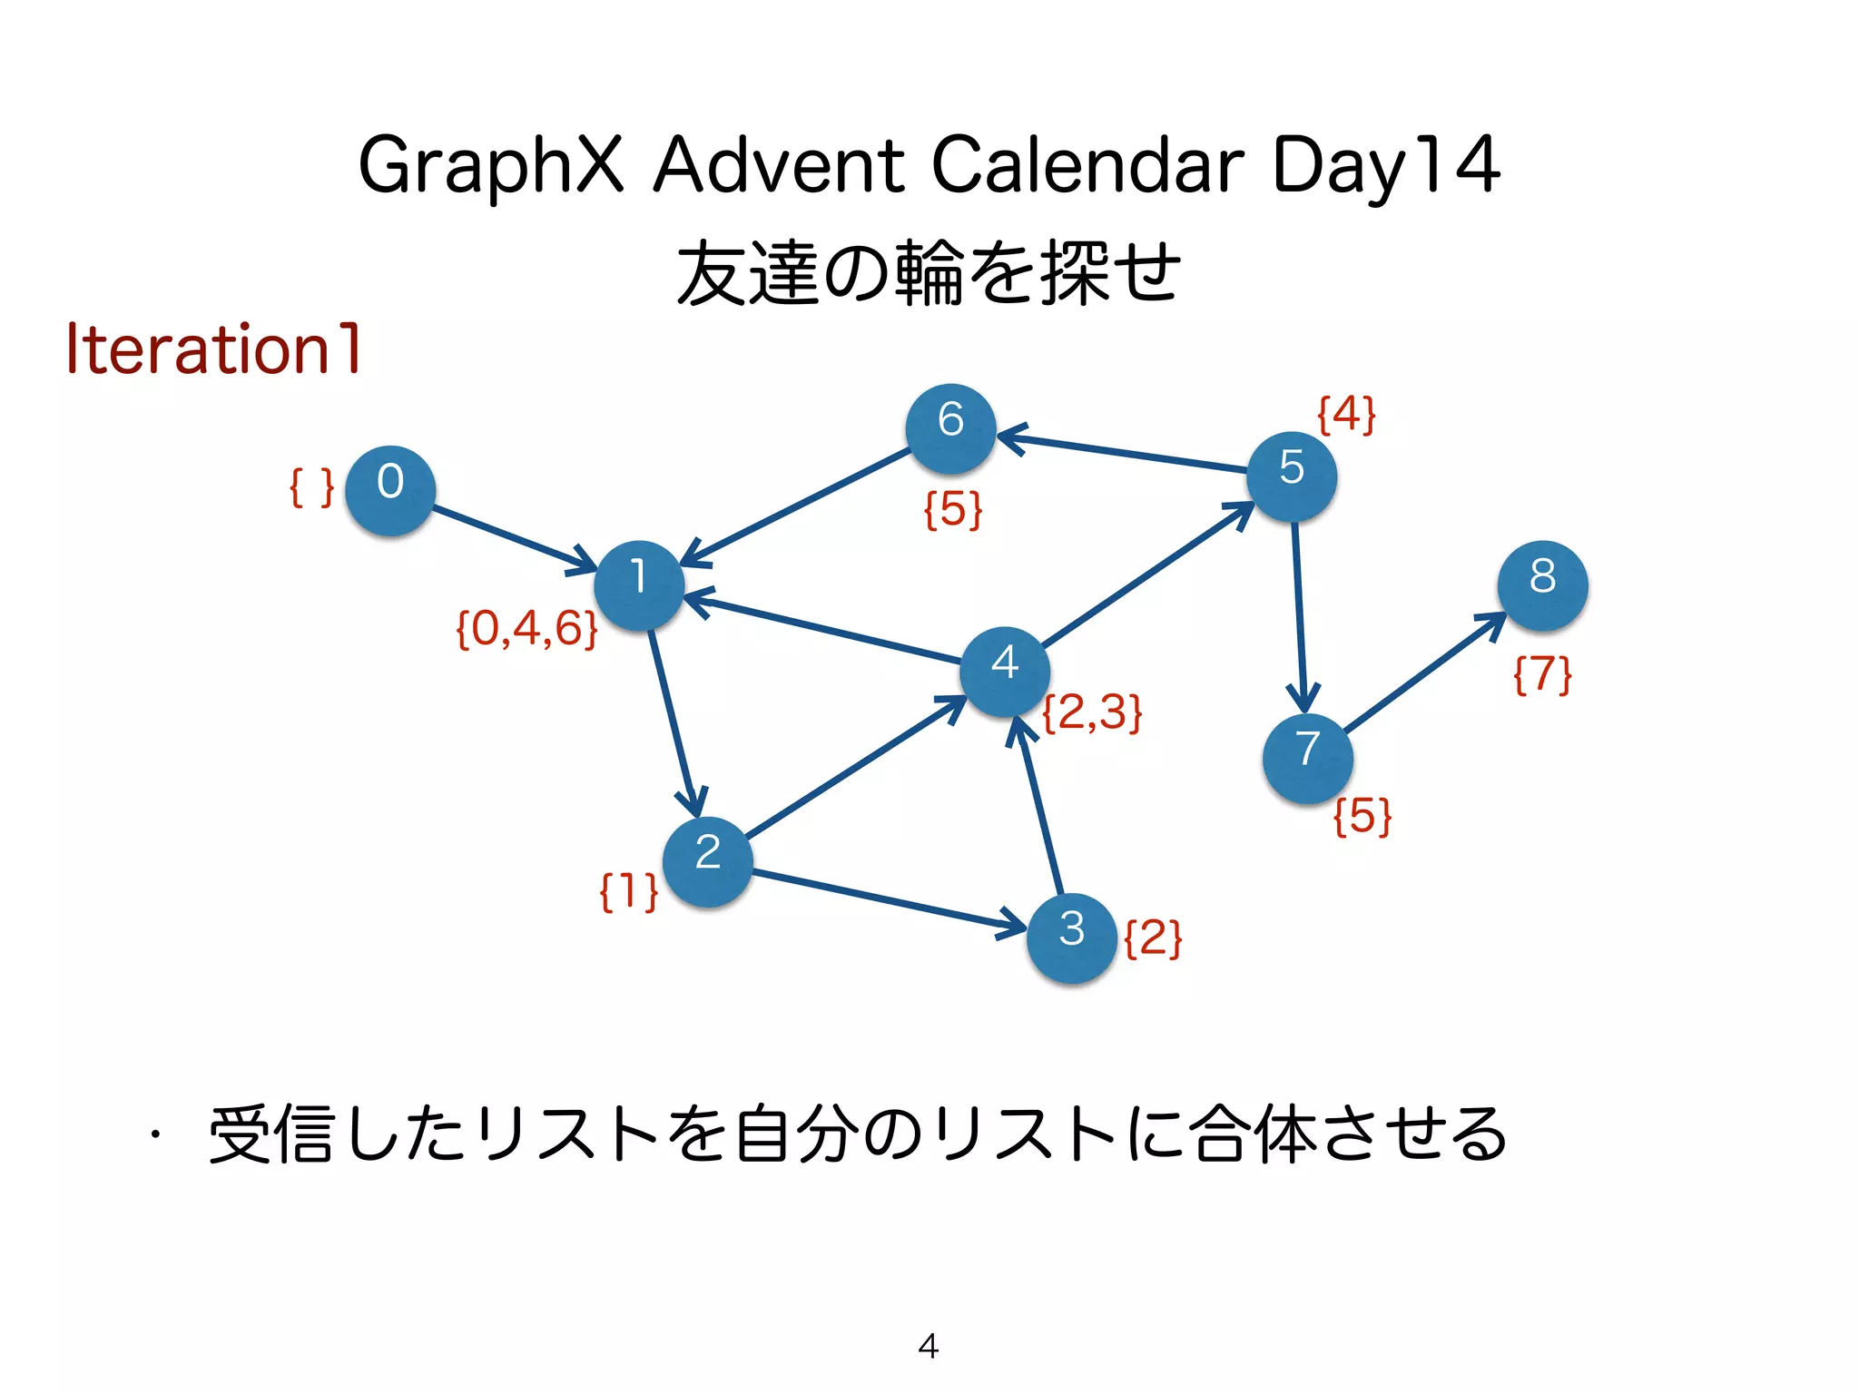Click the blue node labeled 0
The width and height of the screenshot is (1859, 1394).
pos(390,490)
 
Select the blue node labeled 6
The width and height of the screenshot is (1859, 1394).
pos(950,428)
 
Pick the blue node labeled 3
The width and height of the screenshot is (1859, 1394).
pos(1071,938)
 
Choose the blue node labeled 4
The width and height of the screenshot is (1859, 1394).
pos(1005,671)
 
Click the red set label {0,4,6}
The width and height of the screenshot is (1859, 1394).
pos(526,628)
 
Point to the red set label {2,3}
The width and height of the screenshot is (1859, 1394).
pos(1092,712)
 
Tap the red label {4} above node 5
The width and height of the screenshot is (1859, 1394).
pos(1346,415)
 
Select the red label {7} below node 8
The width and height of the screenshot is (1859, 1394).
pos(1542,674)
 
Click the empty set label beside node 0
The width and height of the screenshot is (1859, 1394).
pos(311,487)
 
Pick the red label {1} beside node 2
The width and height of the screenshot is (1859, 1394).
pos(628,890)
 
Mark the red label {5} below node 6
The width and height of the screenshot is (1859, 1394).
pos(953,509)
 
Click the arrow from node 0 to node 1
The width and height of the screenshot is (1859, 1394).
pos(513,539)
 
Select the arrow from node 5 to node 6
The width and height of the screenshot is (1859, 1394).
pos(1126,453)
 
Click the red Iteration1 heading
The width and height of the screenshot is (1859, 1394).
pos(214,348)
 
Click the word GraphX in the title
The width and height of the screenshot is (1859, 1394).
pos(491,165)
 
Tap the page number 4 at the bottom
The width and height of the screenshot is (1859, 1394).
pos(929,1346)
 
